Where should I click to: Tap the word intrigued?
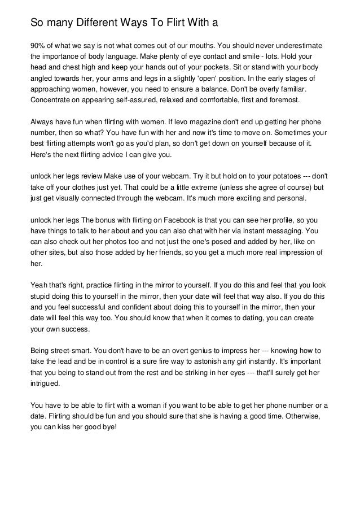click(46, 383)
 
